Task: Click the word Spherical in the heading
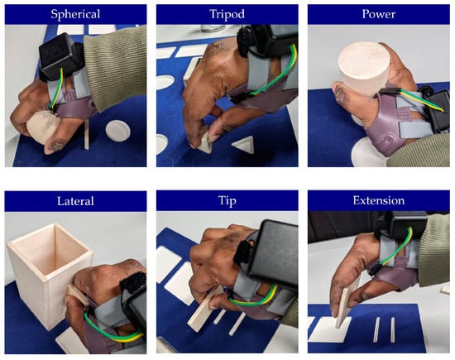coord(75,14)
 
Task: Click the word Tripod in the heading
coord(227,14)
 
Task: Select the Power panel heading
coord(379,14)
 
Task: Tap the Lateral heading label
coord(75,201)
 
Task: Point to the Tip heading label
coord(227,200)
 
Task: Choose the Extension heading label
coord(379,200)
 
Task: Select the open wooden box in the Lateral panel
coord(50,275)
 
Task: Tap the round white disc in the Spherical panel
coord(118,132)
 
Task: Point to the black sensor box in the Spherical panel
coord(58,56)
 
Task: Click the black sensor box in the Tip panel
coord(273,256)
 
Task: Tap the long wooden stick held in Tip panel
coord(204,310)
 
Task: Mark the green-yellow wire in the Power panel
coord(421,100)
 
